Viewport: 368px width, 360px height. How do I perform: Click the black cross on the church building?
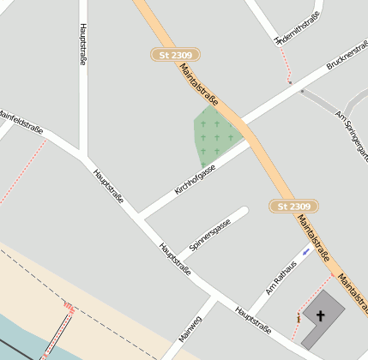(x=322, y=315)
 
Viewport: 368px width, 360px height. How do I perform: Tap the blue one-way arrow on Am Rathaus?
(x=306, y=252)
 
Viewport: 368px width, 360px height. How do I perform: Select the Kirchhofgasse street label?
(x=195, y=178)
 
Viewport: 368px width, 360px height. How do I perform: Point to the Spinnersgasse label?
(x=210, y=234)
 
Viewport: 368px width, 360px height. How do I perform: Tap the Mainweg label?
(x=190, y=329)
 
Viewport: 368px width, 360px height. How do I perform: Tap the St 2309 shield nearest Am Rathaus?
(x=294, y=207)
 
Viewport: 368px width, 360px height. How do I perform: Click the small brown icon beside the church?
(x=298, y=318)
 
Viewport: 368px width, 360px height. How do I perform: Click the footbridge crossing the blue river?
(x=56, y=339)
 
